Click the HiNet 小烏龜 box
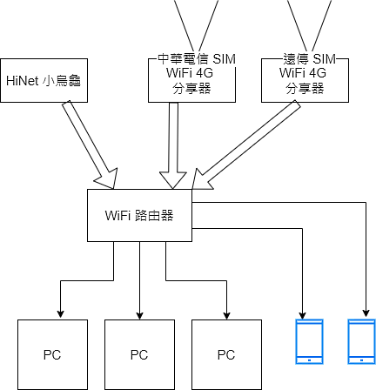tap(44, 80)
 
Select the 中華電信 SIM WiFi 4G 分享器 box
tap(191, 80)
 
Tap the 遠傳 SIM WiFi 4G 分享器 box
tap(305, 80)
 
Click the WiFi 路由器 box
tap(139, 215)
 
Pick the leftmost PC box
tap(52, 354)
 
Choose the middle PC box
tap(139, 354)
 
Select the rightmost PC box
tap(226, 354)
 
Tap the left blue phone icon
tap(309, 341)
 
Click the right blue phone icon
tap(361, 341)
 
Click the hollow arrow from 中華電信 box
tap(173, 145)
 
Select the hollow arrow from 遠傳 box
tap(245, 145)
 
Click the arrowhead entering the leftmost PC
tap(60, 314)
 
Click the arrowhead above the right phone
tap(366, 313)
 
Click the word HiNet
tap(22, 81)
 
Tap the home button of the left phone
tap(309, 360)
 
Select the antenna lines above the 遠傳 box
tap(309, 25)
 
